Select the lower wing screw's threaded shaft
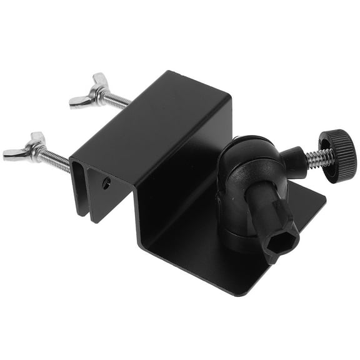(57, 159)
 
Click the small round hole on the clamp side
(107, 183)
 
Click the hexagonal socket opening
(279, 241)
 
